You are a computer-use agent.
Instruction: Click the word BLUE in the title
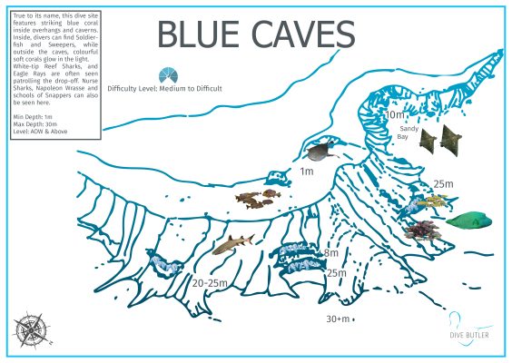202,34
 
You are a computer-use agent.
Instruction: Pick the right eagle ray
450,139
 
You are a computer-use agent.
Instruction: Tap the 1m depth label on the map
306,171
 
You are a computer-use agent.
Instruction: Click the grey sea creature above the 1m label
323,152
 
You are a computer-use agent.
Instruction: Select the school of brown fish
255,197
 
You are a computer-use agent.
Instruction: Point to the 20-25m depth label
210,283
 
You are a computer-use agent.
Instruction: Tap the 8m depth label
330,253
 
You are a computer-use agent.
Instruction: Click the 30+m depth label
339,319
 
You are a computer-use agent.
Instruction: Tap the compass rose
32,327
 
